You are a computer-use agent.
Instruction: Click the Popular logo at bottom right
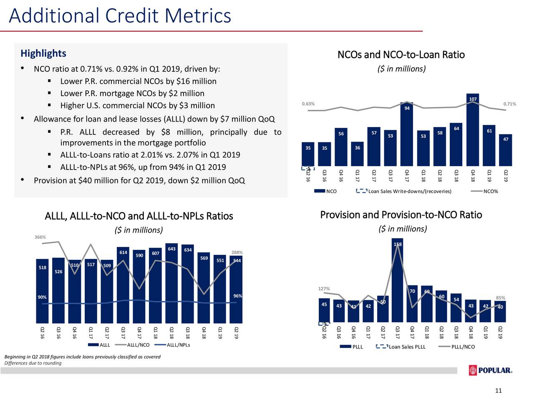(x=491, y=371)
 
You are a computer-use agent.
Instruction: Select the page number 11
(x=498, y=391)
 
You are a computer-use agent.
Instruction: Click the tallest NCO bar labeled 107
(x=473, y=129)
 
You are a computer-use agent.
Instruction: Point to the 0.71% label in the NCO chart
(x=509, y=104)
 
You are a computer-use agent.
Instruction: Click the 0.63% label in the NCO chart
(x=308, y=104)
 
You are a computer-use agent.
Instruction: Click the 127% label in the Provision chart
(x=324, y=289)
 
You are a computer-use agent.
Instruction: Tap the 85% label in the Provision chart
(x=501, y=298)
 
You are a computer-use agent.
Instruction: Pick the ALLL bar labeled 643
(x=171, y=284)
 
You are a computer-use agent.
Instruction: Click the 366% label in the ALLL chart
(x=40, y=237)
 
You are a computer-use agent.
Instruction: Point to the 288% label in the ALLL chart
(x=237, y=252)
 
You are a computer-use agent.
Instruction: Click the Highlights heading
(x=43, y=53)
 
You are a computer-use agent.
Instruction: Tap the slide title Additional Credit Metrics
(x=120, y=16)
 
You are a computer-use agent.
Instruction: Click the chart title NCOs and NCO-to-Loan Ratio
(x=400, y=55)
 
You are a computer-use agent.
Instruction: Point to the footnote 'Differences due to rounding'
(x=33, y=363)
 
